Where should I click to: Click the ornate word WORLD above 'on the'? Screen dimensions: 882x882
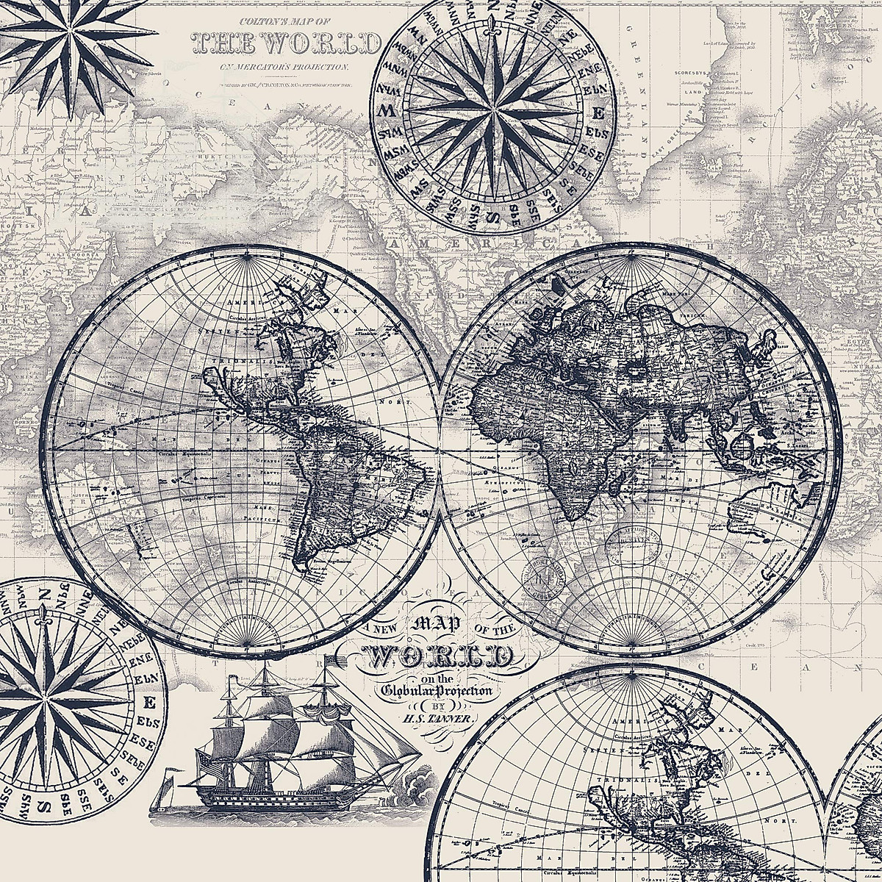coord(440,655)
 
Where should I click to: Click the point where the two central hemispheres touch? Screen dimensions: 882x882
coord(440,449)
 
